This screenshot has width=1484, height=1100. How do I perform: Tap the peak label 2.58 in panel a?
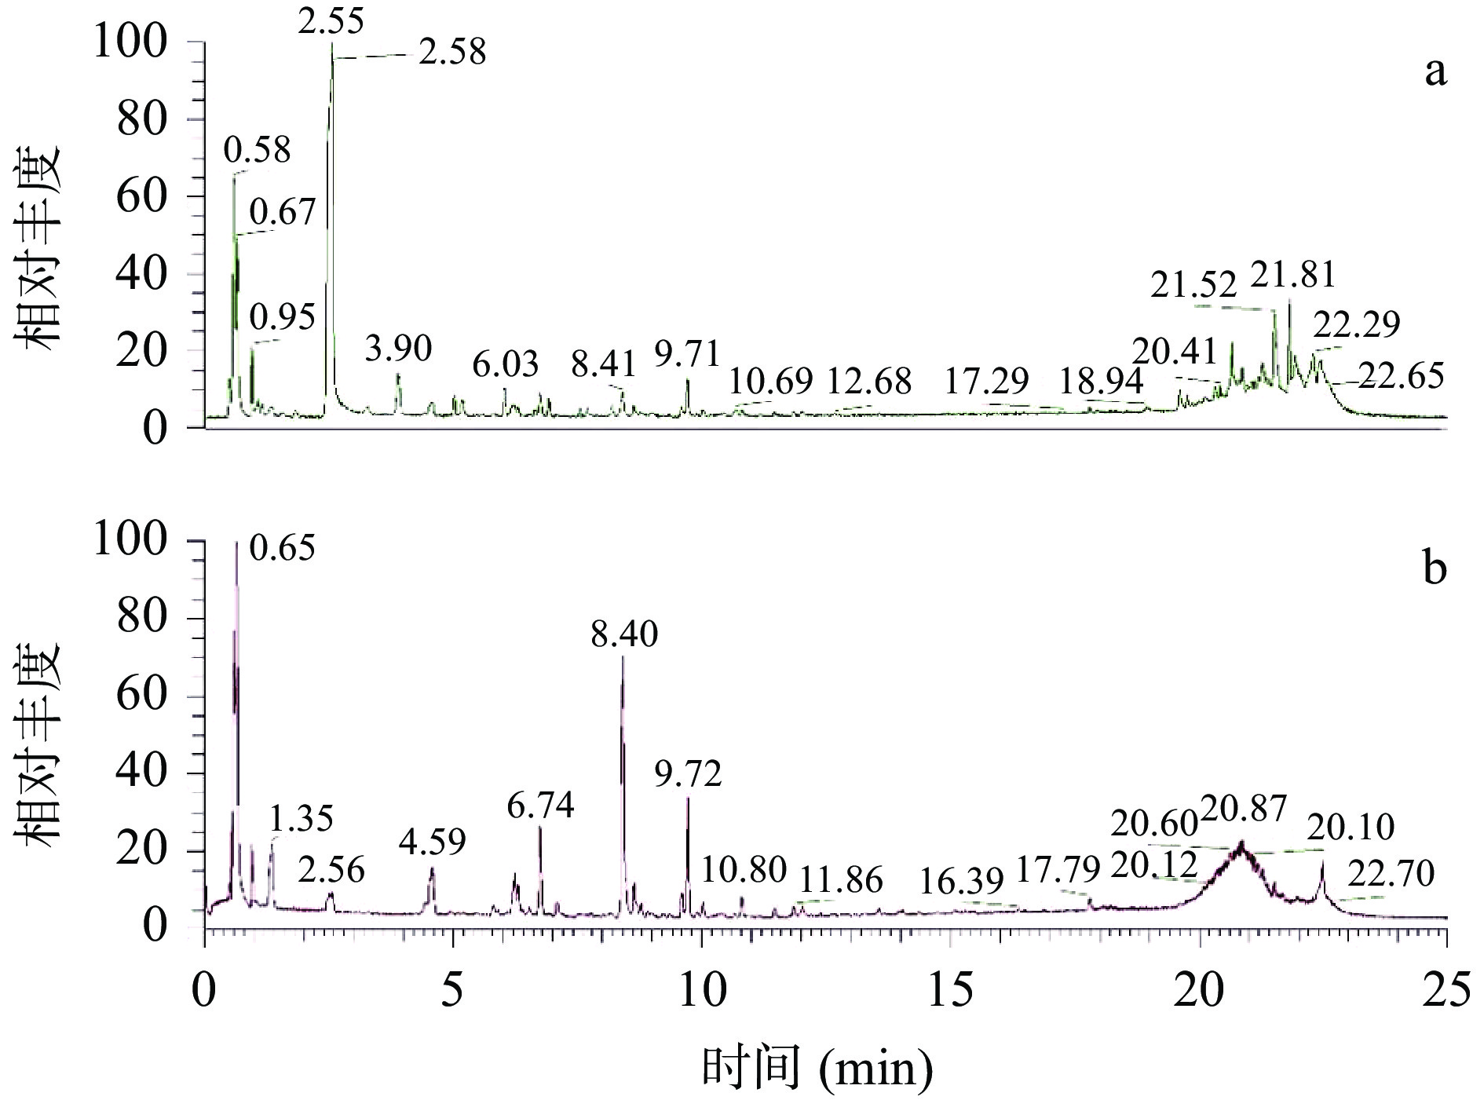coord(451,53)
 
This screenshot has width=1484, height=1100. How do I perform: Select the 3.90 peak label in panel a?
coord(398,349)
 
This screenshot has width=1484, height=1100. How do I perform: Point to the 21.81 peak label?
coord(1292,276)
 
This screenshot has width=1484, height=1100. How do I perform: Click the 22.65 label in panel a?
coord(1400,377)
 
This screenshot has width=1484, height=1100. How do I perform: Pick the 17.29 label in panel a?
coord(986,382)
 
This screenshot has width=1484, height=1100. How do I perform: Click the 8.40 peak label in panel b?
coord(624,634)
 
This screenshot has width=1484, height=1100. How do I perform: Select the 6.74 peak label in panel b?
coord(540,806)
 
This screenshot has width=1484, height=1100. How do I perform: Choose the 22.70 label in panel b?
coord(1391,873)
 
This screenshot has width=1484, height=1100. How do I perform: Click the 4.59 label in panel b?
coord(432,842)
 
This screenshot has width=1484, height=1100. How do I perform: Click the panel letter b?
coord(1435,568)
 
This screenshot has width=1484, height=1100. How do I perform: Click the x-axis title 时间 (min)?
coord(817,1068)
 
